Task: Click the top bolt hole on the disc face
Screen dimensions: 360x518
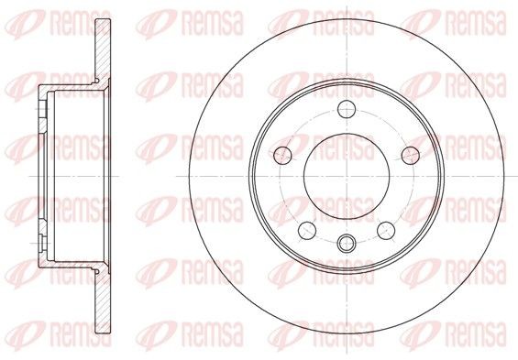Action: click(x=347, y=110)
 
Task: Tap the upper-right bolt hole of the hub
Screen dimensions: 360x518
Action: click(x=410, y=153)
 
